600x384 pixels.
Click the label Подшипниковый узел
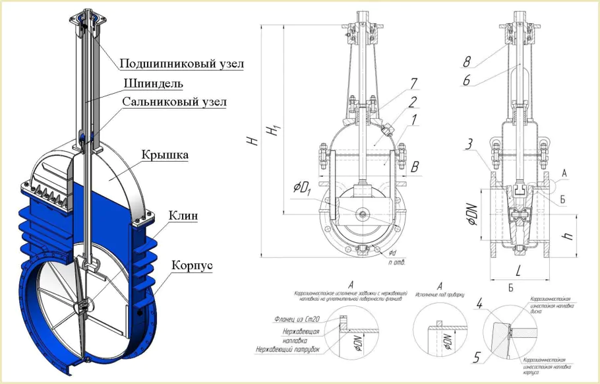pyautogui.click(x=181, y=64)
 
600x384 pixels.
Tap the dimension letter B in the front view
pyautogui.click(x=415, y=168)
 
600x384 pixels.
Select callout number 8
pyautogui.click(x=467, y=62)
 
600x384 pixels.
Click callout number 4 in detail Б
pyautogui.click(x=480, y=304)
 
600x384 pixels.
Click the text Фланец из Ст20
pyautogui.click(x=297, y=319)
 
